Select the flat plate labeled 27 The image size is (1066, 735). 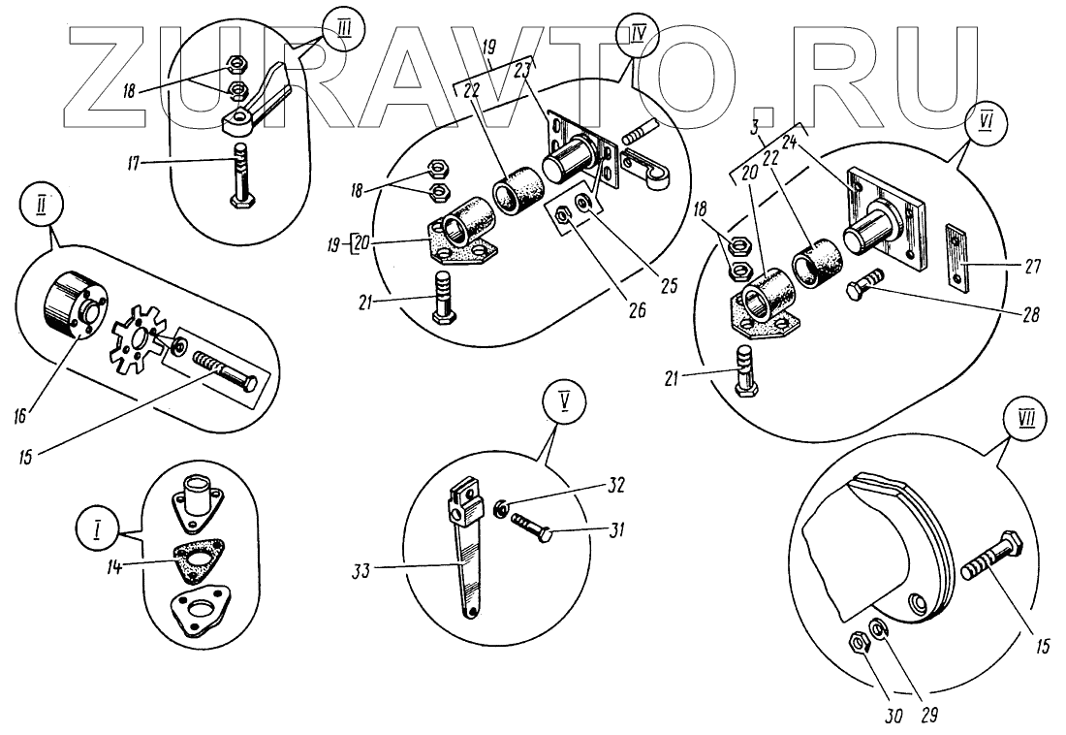[958, 257]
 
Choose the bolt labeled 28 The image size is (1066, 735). [866, 288]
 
